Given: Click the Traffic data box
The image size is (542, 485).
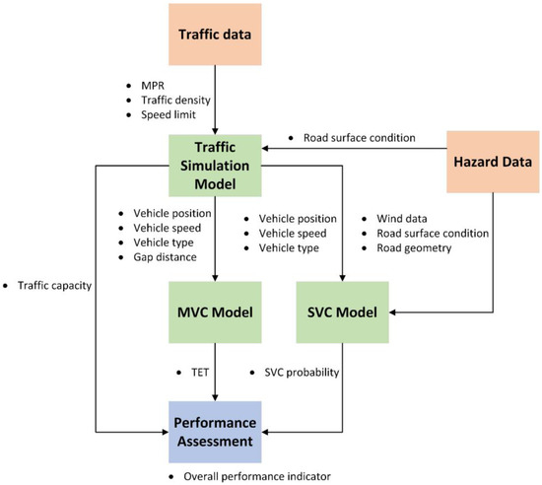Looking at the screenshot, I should tap(215, 34).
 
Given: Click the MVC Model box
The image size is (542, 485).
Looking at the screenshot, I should tap(215, 312).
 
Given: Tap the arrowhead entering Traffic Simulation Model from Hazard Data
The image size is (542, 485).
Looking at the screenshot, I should tap(265, 149).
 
